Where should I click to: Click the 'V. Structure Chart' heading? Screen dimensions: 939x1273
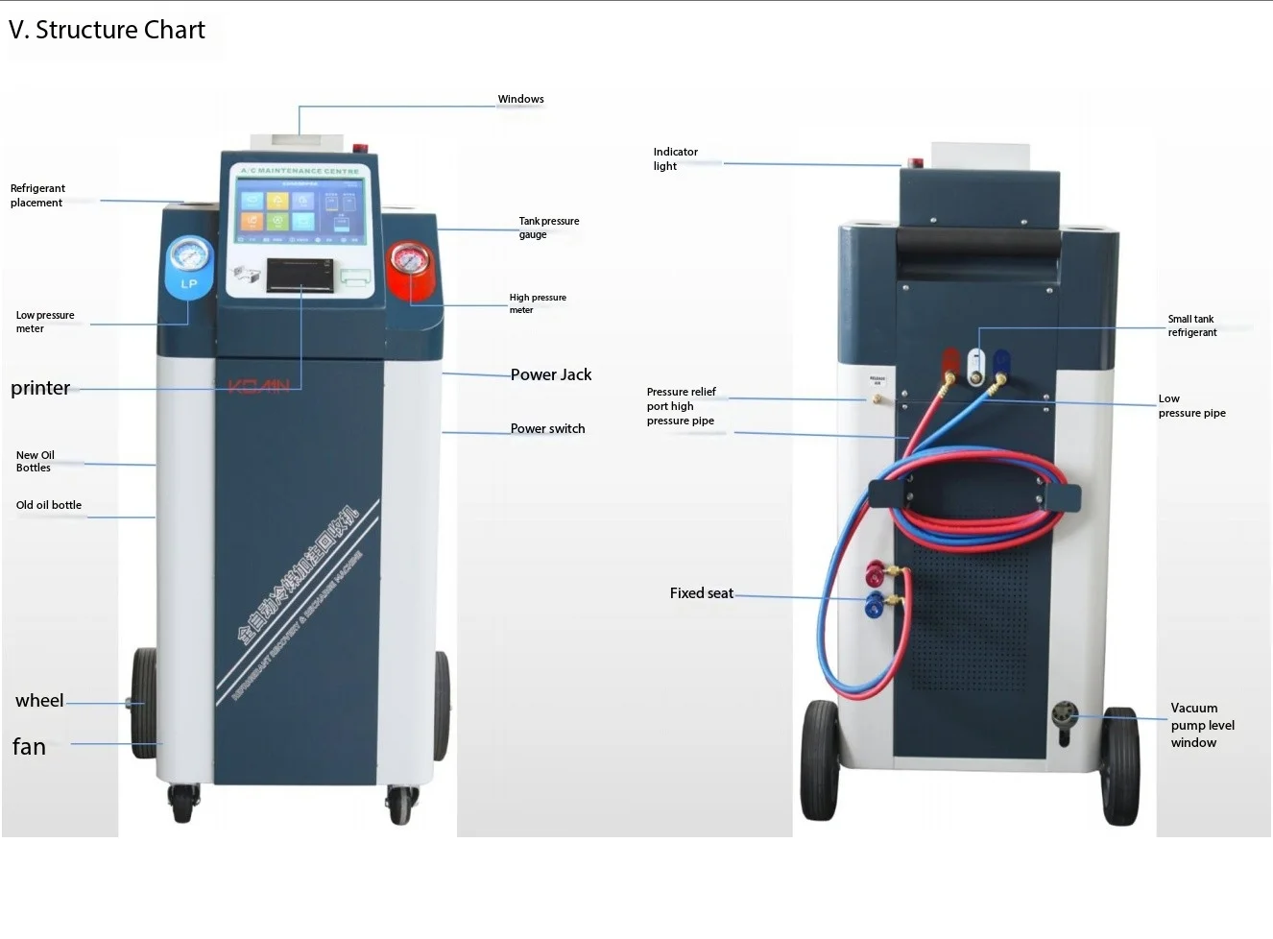pyautogui.click(x=107, y=31)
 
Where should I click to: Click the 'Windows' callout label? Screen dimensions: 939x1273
pyautogui.click(x=520, y=99)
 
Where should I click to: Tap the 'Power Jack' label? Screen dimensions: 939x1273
pyautogui.click(x=551, y=374)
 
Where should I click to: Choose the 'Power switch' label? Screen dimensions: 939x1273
pyautogui.click(x=547, y=428)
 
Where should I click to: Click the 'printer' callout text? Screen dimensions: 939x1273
pyautogui.click(x=40, y=388)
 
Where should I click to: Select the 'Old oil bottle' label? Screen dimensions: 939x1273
pyautogui.click(x=49, y=505)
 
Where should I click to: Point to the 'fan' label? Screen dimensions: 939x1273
pyautogui.click(x=29, y=747)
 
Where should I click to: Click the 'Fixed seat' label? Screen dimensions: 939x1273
pyautogui.click(x=701, y=593)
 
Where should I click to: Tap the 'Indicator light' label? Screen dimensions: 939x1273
pyautogui.click(x=675, y=158)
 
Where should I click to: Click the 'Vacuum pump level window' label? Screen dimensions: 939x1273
pyautogui.click(x=1202, y=725)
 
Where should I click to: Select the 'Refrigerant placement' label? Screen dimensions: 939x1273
pyautogui.click(x=37, y=195)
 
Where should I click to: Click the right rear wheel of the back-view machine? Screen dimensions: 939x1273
pyautogui.click(x=1119, y=768)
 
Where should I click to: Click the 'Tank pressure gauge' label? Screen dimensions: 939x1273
pyautogui.click(x=548, y=227)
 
